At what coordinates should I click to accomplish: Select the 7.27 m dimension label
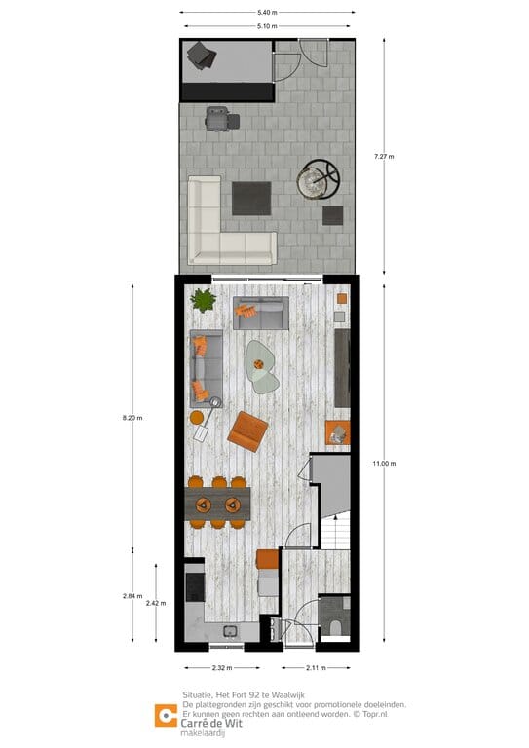pos(384,156)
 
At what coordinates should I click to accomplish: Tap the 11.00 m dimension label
pos(385,464)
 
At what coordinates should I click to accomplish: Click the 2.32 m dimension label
pos(221,668)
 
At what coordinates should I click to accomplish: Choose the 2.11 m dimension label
pos(316,668)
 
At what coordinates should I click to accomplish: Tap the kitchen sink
pos(231,632)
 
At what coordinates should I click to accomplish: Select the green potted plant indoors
pos(204,299)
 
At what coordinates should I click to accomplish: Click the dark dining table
pos(218,504)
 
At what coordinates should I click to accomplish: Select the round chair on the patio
pos(320,179)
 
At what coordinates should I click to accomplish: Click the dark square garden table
pos(252,199)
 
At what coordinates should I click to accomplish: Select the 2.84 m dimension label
pos(132,596)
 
